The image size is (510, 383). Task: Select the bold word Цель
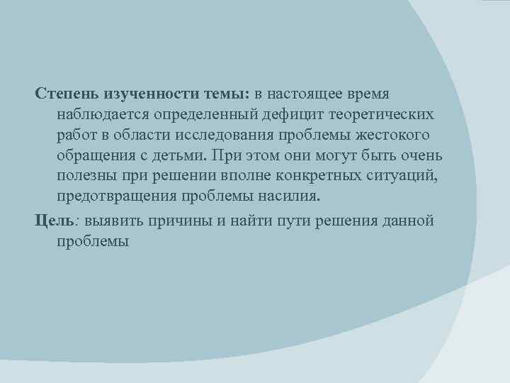click(54, 221)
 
